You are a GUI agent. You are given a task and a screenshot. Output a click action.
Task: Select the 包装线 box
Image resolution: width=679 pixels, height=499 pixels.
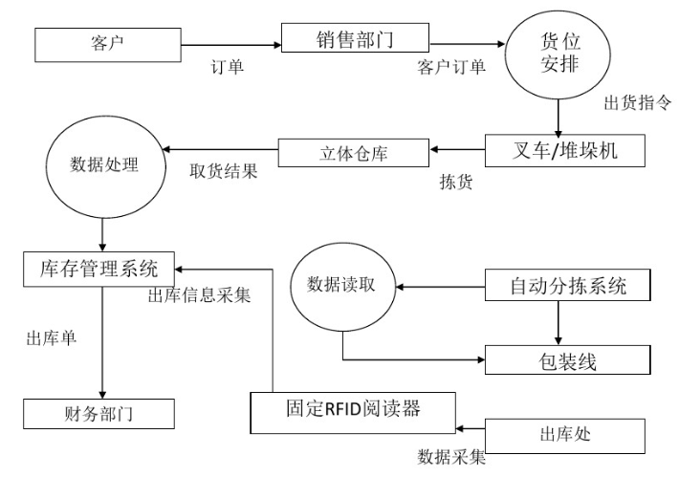[x=570, y=360]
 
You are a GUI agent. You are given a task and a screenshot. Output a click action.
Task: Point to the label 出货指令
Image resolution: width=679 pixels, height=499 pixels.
[x=637, y=103]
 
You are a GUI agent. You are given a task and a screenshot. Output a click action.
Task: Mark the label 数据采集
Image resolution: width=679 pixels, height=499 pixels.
[x=452, y=457]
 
